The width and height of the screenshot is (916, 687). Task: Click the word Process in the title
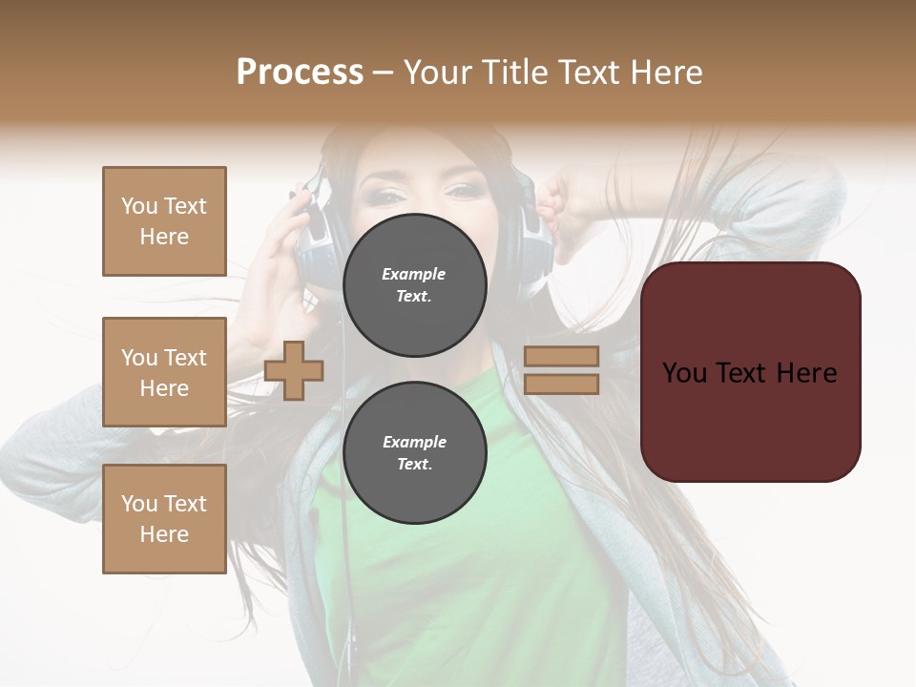[300, 73]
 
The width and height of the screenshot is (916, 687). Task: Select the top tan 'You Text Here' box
[164, 221]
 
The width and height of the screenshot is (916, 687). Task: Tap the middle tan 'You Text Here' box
[164, 372]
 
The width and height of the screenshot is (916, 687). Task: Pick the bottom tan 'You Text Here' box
[164, 519]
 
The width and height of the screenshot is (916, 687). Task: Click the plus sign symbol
[294, 370]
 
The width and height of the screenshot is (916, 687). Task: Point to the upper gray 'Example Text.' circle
[414, 285]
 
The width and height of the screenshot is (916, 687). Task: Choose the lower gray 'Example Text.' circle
[414, 453]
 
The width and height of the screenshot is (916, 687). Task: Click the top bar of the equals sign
[561, 356]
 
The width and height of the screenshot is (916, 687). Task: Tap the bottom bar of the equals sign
[561, 384]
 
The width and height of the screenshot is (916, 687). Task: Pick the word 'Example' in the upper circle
[413, 274]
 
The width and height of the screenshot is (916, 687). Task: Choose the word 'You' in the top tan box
[138, 206]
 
